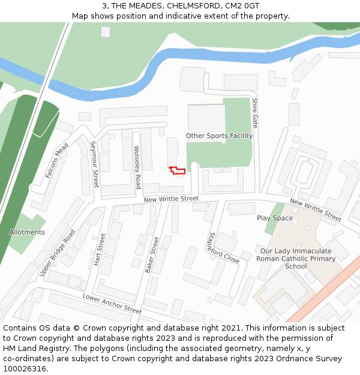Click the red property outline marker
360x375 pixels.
pyautogui.click(x=177, y=171)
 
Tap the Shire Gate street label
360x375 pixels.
pyautogui.click(x=255, y=113)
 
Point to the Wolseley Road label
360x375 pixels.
pyautogui.click(x=137, y=167)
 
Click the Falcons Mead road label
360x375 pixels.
pyautogui.click(x=57, y=160)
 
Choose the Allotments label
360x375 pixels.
pyautogui.click(x=27, y=232)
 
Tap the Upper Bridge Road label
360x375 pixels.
pyautogui.click(x=58, y=253)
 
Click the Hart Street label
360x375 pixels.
pyautogui.click(x=99, y=249)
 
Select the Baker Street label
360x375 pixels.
pyautogui.click(x=152, y=255)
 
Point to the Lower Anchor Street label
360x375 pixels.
pyautogui.click(x=112, y=304)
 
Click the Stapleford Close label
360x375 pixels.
pyautogui.click(x=223, y=248)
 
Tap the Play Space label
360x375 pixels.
pyautogui.click(x=275, y=218)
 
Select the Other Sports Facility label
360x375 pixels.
pyautogui.click(x=219, y=136)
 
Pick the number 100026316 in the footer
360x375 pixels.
pyautogui.click(x=25, y=369)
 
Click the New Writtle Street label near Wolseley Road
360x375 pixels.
pyautogui.click(x=171, y=199)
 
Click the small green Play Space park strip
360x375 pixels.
pyautogui.click(x=275, y=209)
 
